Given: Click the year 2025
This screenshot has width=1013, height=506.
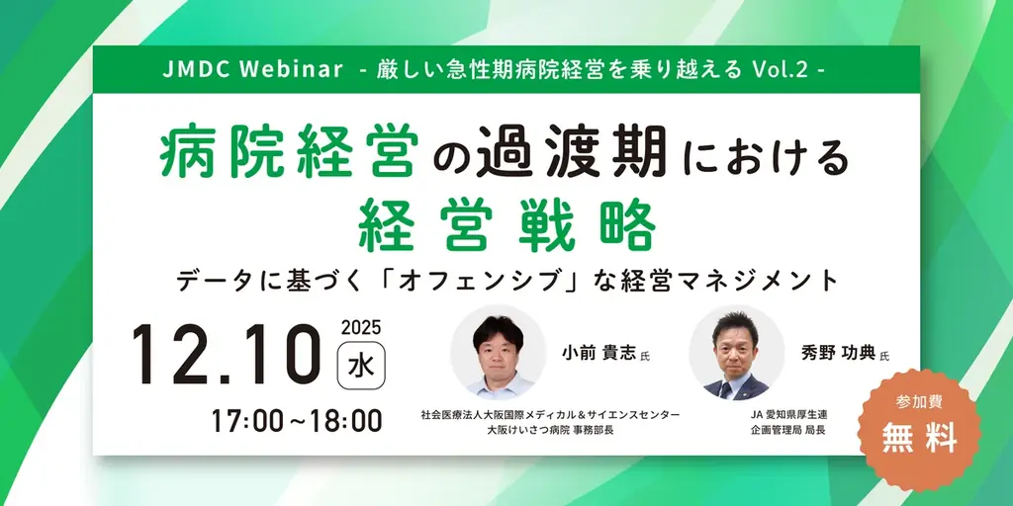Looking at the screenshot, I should click(361, 328).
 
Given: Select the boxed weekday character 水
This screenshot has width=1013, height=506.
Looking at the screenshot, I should click(361, 365).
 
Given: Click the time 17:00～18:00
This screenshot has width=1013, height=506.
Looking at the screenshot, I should click(297, 420).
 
